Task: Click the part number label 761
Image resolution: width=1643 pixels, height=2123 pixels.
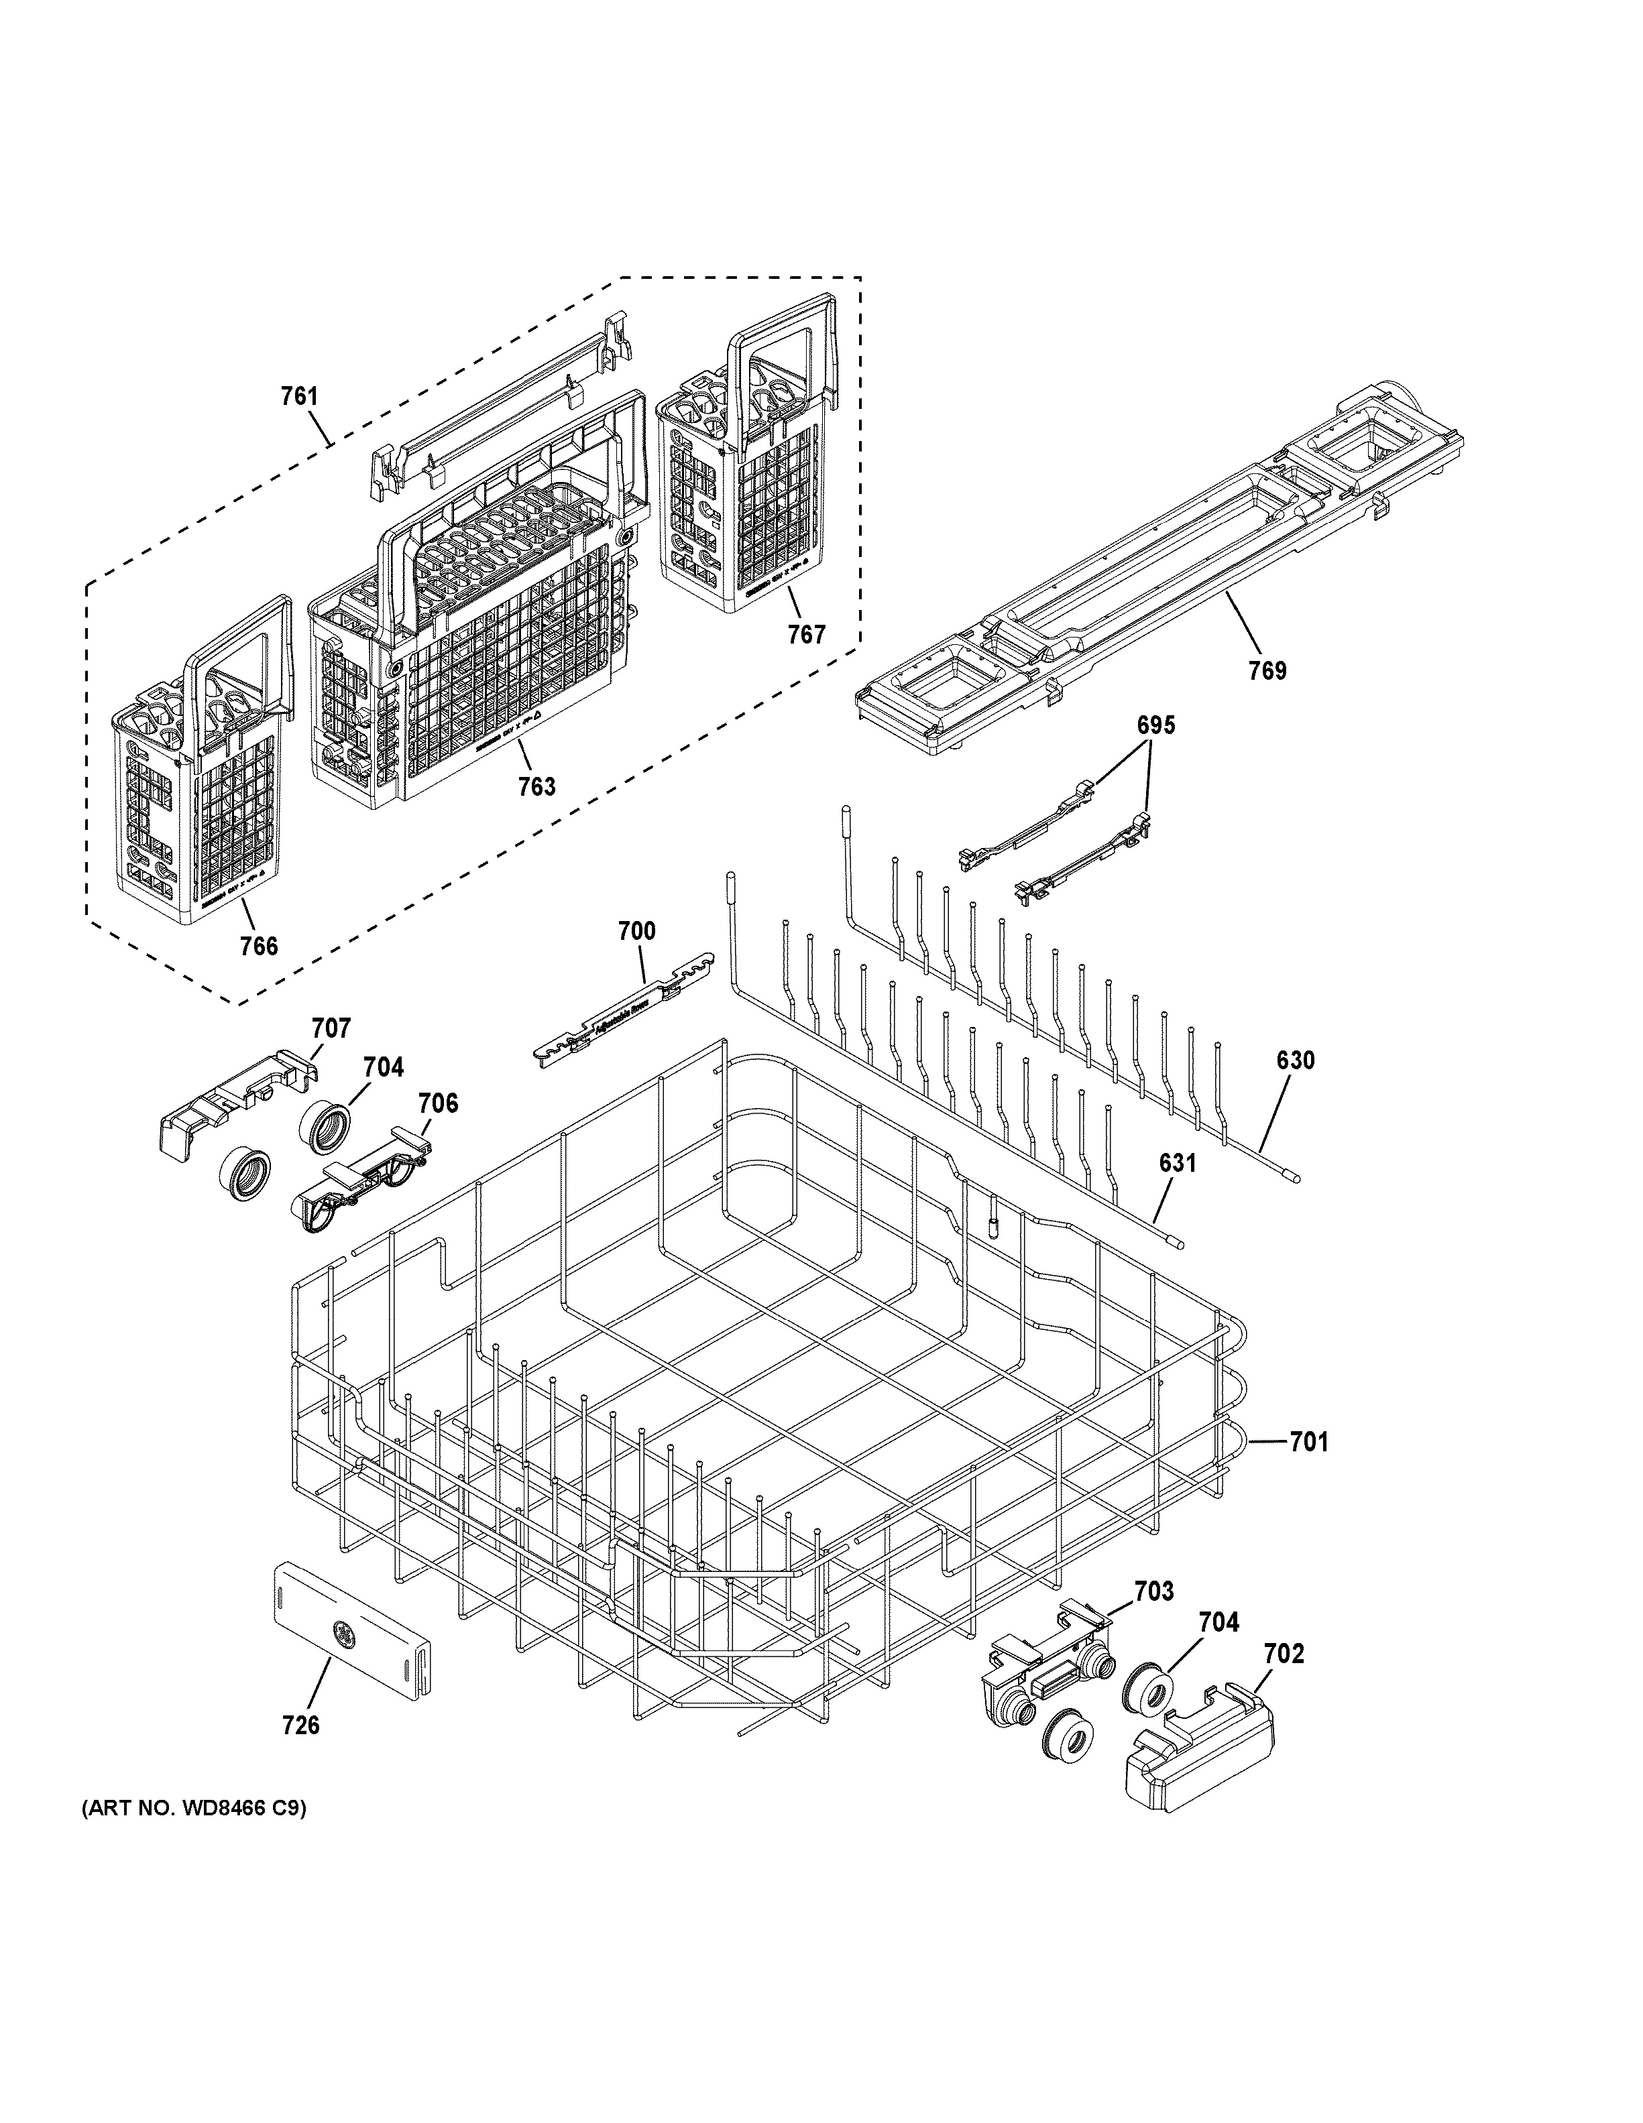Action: point(300,397)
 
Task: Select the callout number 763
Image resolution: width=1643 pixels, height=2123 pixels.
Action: point(536,786)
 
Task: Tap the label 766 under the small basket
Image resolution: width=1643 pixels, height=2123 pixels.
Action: point(260,946)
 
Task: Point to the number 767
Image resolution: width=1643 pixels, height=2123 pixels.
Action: point(806,635)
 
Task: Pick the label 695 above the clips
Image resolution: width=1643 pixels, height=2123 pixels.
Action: point(1156,725)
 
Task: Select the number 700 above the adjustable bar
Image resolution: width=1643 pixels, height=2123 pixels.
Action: point(637,931)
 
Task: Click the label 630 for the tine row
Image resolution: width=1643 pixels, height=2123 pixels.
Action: point(1296,1060)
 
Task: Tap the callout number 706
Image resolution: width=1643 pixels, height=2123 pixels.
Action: point(439,1103)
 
